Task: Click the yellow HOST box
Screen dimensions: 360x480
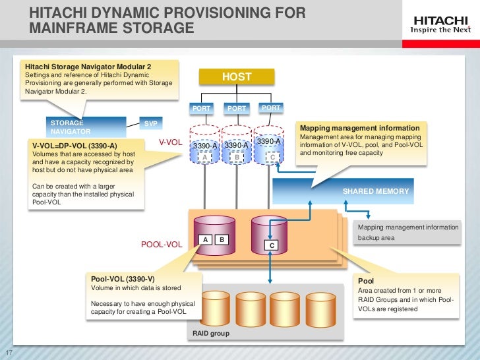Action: click(x=237, y=77)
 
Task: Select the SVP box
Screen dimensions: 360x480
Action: click(x=151, y=123)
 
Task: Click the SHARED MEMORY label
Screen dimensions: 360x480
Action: click(x=376, y=191)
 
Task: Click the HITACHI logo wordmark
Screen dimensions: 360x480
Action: click(x=440, y=20)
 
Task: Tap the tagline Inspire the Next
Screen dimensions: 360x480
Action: click(x=440, y=30)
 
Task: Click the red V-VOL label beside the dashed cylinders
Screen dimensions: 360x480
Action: click(x=170, y=142)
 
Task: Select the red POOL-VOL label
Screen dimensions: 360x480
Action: click(x=162, y=245)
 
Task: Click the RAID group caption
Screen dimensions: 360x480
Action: click(x=211, y=334)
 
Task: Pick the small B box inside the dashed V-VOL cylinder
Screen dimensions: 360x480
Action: click(x=237, y=158)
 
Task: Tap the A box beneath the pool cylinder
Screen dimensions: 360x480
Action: click(x=206, y=239)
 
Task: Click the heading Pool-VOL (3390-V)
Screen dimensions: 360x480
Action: click(x=123, y=279)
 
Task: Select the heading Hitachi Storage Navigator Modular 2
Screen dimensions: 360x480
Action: click(x=88, y=67)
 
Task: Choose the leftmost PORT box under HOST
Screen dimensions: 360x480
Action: click(x=201, y=108)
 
